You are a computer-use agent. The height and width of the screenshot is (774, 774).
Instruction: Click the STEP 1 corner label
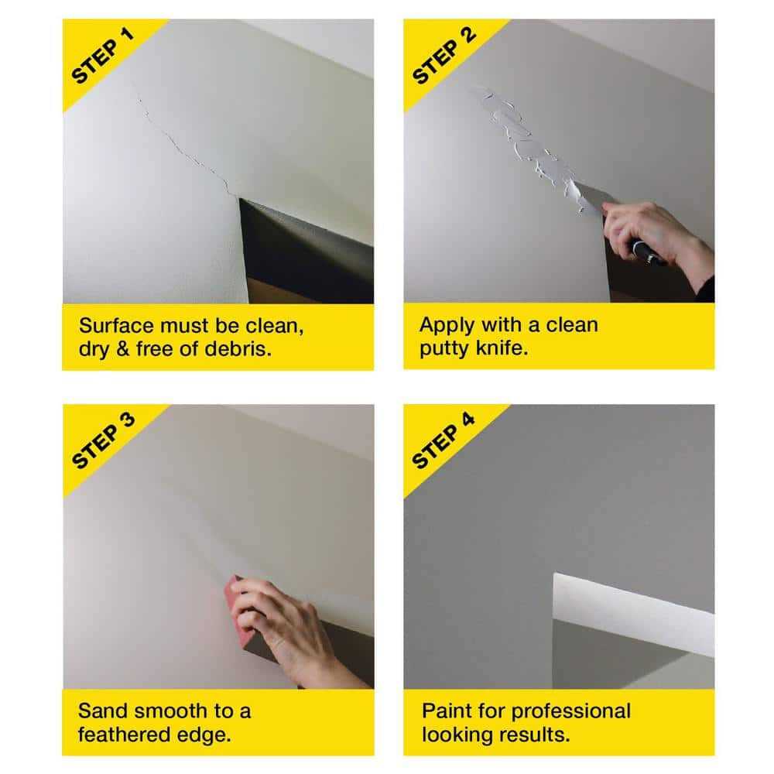pyautogui.click(x=102, y=56)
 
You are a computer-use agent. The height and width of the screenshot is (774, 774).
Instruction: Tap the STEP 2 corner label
pyautogui.click(x=443, y=56)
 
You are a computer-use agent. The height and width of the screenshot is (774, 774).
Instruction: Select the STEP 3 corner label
pyautogui.click(x=102, y=441)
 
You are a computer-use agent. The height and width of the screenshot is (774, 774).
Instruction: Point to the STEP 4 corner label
pyautogui.click(x=443, y=441)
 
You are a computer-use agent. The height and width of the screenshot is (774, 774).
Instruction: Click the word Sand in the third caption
pyautogui.click(x=101, y=711)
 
